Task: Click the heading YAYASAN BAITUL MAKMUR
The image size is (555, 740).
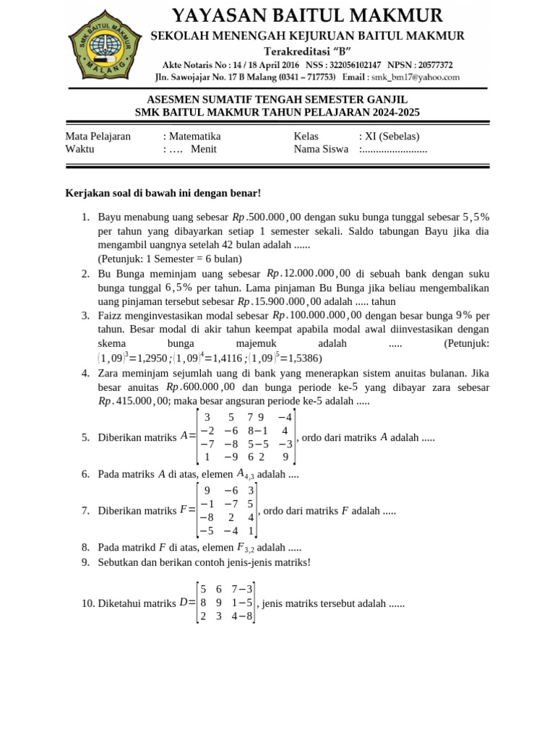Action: [307, 15]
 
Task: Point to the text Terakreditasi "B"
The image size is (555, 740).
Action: [307, 51]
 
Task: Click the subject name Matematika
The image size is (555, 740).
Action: [194, 136]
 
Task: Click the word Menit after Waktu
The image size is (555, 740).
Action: [204, 149]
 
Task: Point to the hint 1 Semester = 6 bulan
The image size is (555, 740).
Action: [170, 258]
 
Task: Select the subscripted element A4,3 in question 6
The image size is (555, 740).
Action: [246, 474]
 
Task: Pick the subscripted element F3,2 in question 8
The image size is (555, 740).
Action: [246, 548]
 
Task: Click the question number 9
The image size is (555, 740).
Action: [85, 562]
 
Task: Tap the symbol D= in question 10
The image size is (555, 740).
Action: [186, 603]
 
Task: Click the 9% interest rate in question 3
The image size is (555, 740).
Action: [463, 315]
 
